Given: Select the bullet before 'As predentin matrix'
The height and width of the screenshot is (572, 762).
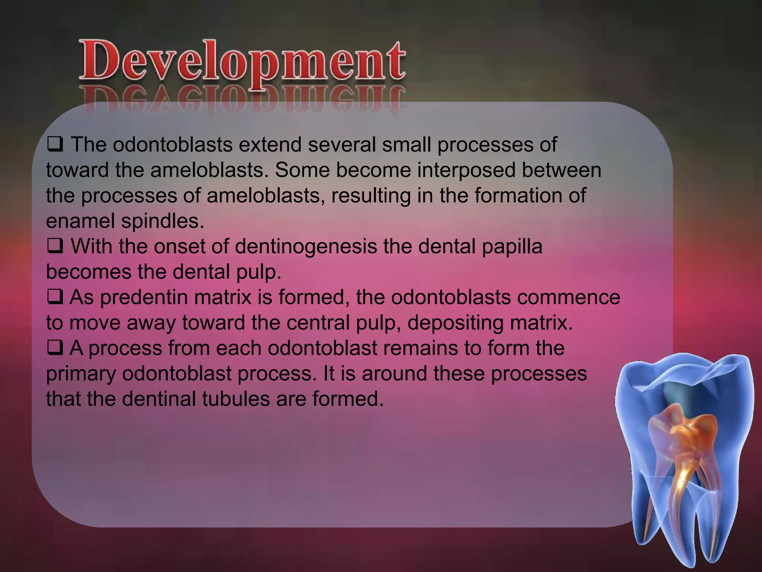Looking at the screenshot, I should tap(55, 297).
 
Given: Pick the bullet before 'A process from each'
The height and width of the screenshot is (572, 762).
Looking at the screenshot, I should tap(55, 347).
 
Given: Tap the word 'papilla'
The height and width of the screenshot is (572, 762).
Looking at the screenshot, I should tap(512, 247).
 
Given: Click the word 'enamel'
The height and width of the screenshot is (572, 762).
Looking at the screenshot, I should tap(80, 221).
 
